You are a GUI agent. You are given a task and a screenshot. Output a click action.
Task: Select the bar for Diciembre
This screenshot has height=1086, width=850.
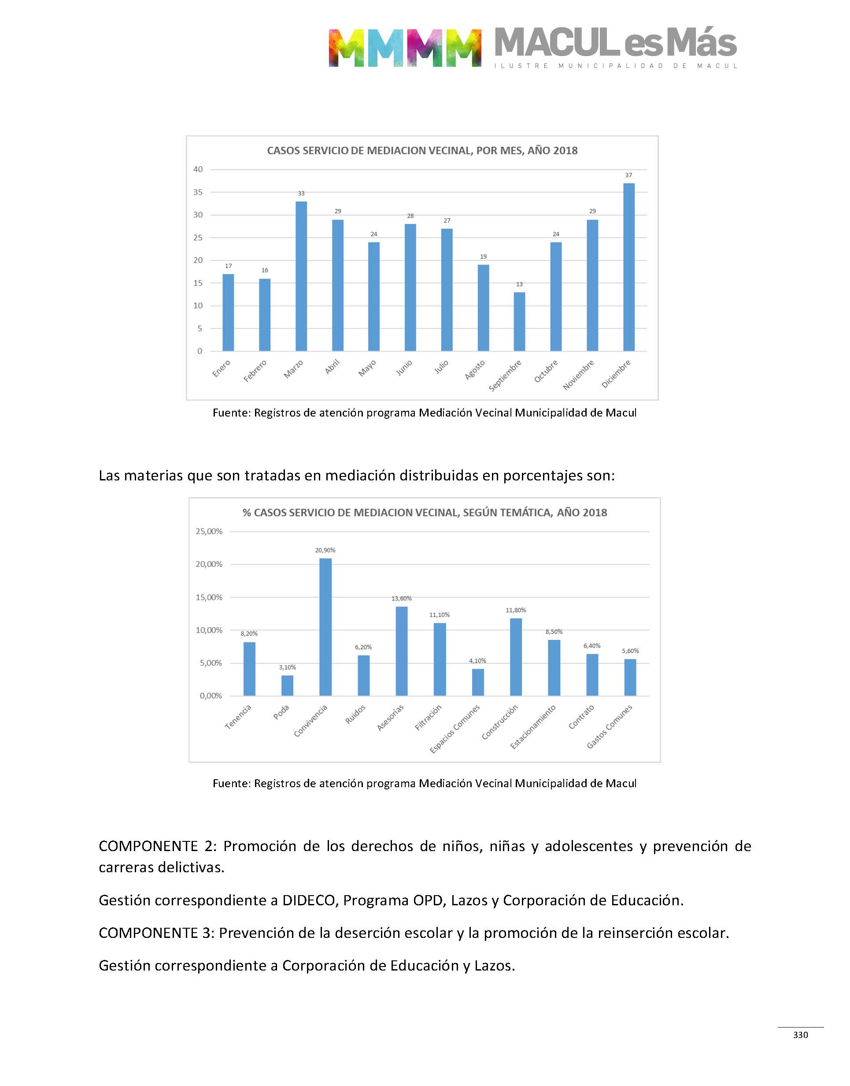click(628, 268)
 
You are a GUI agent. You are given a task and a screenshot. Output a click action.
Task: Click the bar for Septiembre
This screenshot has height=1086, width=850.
click(519, 322)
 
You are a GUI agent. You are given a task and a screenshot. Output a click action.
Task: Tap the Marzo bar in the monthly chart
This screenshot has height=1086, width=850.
click(301, 276)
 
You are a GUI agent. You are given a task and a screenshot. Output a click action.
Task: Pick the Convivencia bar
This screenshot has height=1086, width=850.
click(325, 627)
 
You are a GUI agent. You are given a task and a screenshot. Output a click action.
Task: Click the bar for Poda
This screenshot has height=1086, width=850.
click(287, 686)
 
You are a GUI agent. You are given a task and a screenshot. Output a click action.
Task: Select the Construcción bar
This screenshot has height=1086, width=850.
click(516, 657)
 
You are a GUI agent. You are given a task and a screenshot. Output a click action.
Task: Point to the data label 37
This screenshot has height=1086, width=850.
click(628, 175)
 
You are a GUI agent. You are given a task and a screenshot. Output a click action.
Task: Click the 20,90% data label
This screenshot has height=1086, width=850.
click(325, 550)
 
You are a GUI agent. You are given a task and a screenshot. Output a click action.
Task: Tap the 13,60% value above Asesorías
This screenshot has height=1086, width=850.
click(401, 599)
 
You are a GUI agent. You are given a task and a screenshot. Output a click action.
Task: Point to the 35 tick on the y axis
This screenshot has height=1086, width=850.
click(198, 192)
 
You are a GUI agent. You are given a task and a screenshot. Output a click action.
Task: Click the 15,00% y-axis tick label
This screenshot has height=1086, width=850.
click(209, 598)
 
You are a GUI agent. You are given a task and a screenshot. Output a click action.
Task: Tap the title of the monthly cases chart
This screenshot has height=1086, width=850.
click(422, 151)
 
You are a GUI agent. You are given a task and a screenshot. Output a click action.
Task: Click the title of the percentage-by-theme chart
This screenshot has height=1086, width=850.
click(425, 513)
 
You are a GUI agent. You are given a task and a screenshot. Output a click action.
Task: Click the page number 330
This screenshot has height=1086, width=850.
click(800, 1035)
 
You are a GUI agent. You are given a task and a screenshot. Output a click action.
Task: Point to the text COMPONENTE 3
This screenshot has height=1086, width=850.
click(156, 933)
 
